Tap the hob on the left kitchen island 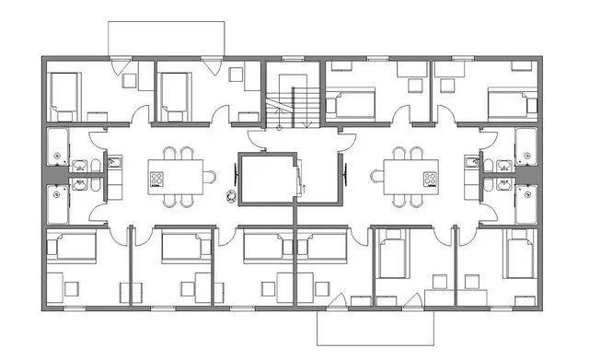coord(156,178)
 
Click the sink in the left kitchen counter coord(116,164)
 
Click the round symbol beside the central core coord(228,193)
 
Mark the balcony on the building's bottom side coord(374,328)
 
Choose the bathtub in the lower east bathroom coord(527,203)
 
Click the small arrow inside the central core coord(304,188)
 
